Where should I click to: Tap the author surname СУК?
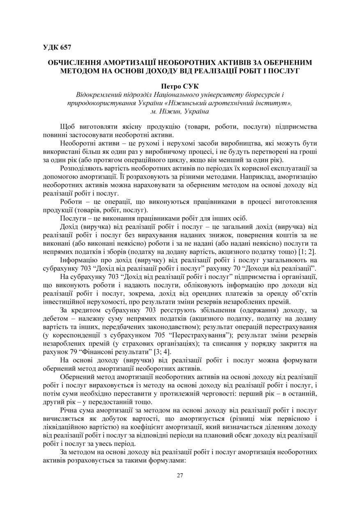coord(191,87)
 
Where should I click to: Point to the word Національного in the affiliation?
coord(165,95)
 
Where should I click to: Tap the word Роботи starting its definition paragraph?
coord(72,202)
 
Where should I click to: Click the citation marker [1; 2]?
coord(305,251)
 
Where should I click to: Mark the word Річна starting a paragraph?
coord(69,410)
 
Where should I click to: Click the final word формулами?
coord(170,461)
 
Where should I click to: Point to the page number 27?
coord(180,475)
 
